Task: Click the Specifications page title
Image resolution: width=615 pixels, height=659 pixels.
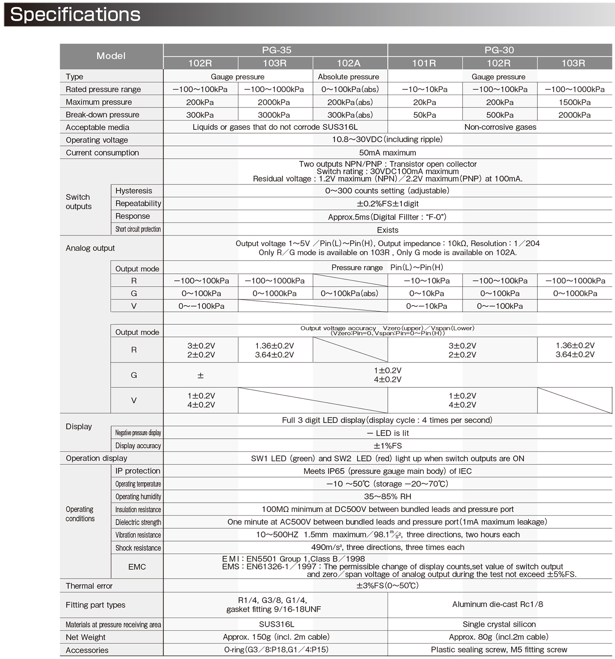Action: [x=75, y=14]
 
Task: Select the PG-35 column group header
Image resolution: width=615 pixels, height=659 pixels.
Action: [x=276, y=50]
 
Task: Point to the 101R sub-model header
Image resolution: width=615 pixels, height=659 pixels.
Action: [x=424, y=63]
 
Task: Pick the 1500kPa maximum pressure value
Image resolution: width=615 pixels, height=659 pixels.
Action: [x=574, y=102]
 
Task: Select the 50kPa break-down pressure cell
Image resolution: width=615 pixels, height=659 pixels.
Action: [x=424, y=115]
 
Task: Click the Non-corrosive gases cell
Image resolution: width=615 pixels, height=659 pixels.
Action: [x=500, y=127]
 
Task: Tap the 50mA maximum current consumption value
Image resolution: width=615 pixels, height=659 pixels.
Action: [x=387, y=153]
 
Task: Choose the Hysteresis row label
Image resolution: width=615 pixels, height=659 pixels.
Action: [x=134, y=191]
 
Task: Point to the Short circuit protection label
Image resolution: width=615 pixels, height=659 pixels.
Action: [x=138, y=229]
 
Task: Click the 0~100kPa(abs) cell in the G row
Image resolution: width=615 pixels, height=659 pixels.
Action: [x=349, y=293]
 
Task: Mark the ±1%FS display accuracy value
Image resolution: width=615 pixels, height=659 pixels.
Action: [x=387, y=446]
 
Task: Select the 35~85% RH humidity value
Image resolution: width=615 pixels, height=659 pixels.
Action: [x=387, y=496]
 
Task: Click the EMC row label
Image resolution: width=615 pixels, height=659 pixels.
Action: [x=137, y=567]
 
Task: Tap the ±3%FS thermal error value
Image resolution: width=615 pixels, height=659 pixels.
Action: [x=387, y=586]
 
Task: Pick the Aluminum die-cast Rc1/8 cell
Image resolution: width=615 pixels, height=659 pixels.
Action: [x=497, y=604]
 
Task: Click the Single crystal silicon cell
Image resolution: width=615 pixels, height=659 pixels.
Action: [x=499, y=624]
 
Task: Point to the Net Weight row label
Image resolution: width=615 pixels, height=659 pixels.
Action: [x=85, y=637]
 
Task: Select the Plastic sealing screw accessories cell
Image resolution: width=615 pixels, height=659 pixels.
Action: [x=499, y=650]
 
